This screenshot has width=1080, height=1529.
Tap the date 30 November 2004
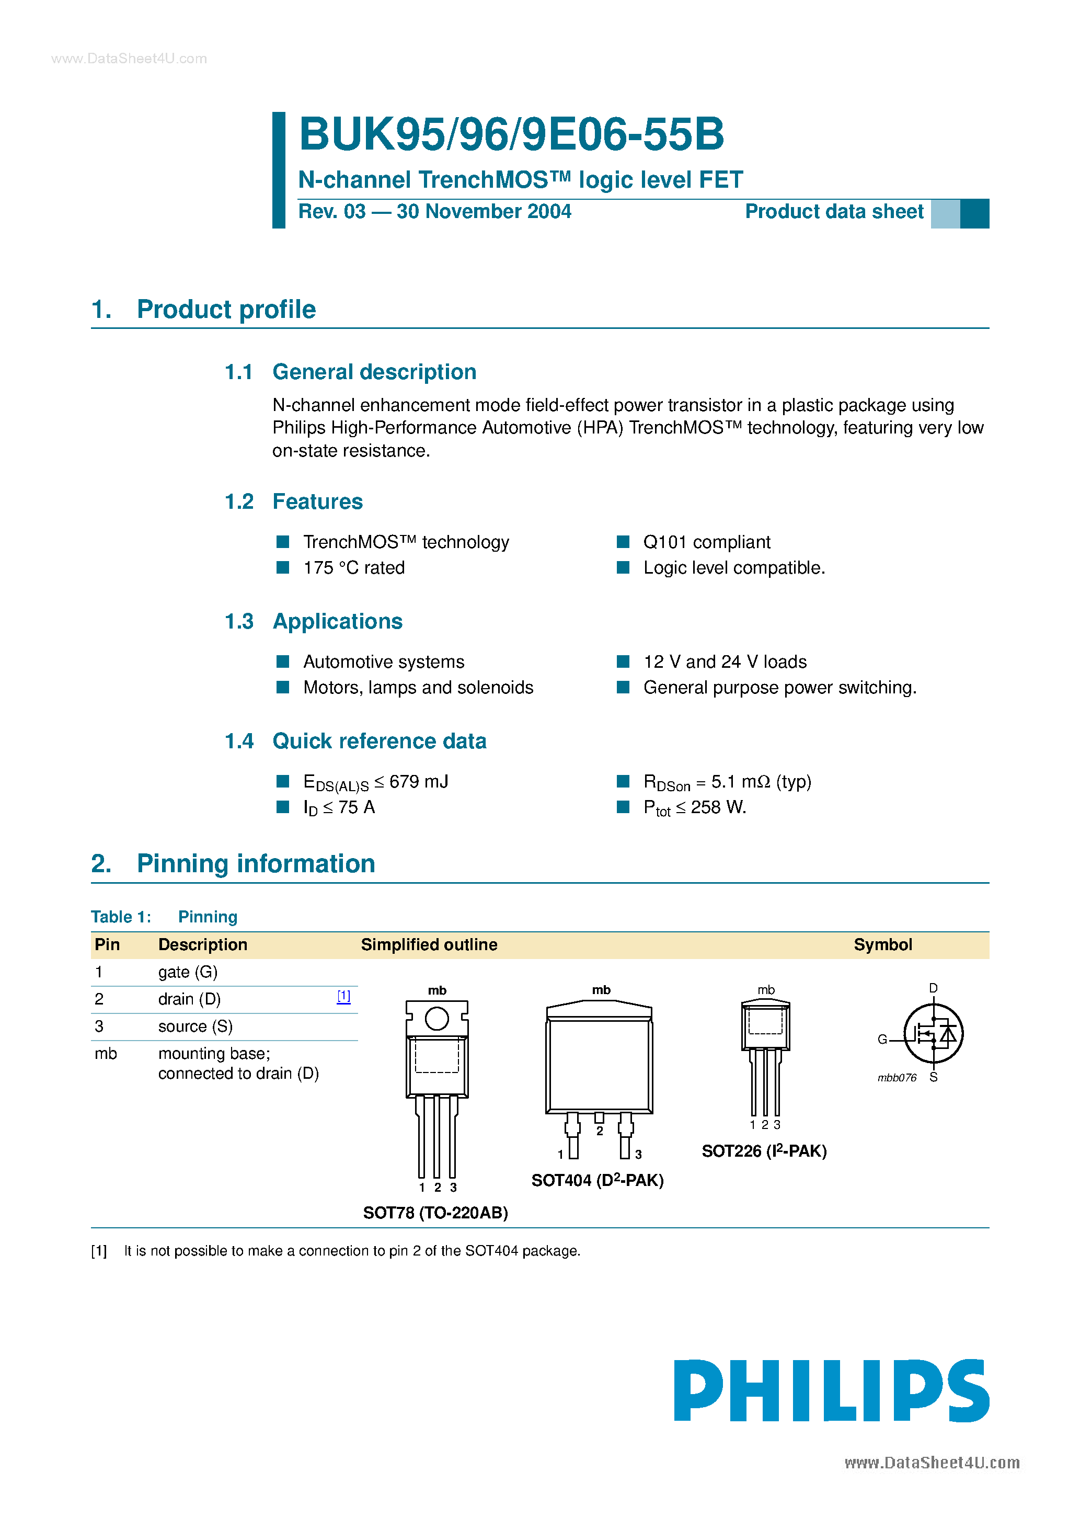(x=484, y=212)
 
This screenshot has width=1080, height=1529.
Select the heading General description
(x=374, y=372)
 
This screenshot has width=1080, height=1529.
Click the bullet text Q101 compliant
(x=706, y=542)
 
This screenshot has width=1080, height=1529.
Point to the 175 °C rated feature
(x=353, y=568)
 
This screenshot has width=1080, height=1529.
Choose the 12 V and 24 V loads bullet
(x=725, y=662)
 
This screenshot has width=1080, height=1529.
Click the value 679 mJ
(x=418, y=782)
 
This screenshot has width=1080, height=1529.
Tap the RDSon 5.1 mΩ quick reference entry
(x=727, y=782)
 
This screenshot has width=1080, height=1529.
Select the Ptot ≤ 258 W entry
(x=695, y=808)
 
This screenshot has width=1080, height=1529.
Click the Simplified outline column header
(x=429, y=945)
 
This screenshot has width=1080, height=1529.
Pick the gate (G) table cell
(x=188, y=972)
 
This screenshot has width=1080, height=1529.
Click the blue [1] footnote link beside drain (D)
(x=343, y=997)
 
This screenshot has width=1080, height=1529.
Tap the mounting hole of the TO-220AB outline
(x=437, y=1018)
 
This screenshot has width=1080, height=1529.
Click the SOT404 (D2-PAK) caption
(x=598, y=1181)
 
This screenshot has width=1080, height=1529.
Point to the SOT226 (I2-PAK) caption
(x=764, y=1151)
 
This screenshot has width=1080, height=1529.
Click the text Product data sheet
(x=834, y=212)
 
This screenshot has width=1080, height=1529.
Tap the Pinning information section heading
(x=256, y=864)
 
